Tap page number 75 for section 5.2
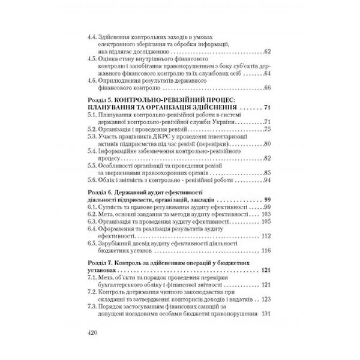point(268,130)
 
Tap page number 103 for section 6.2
point(266,215)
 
